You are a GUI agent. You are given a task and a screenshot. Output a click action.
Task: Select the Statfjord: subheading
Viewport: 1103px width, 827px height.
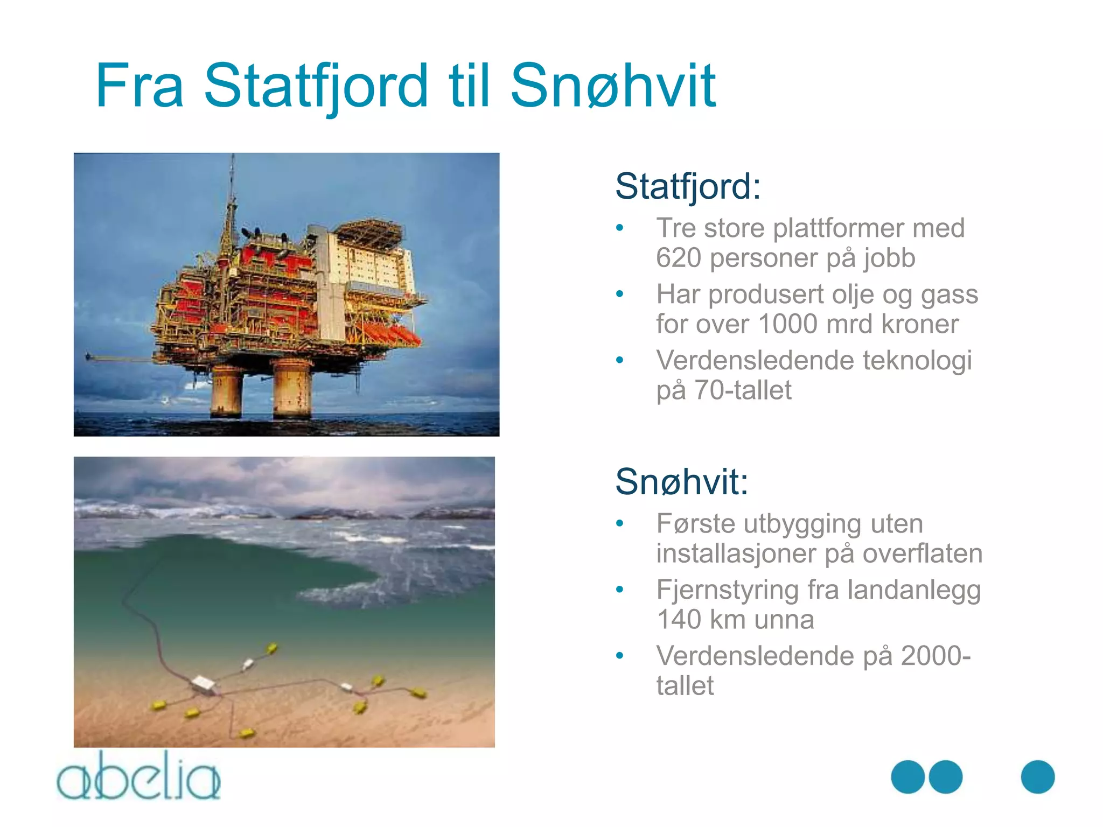click(688, 186)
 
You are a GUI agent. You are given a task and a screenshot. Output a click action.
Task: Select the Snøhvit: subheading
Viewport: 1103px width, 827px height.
click(681, 481)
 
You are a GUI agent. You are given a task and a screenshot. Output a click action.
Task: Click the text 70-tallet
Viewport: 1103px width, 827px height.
click(743, 390)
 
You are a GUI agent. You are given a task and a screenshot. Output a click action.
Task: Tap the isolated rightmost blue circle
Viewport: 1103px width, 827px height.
click(1037, 777)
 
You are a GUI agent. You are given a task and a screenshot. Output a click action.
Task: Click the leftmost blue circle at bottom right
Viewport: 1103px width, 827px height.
click(907, 777)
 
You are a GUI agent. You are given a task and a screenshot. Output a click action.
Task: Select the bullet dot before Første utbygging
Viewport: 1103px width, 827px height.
click(620, 523)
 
